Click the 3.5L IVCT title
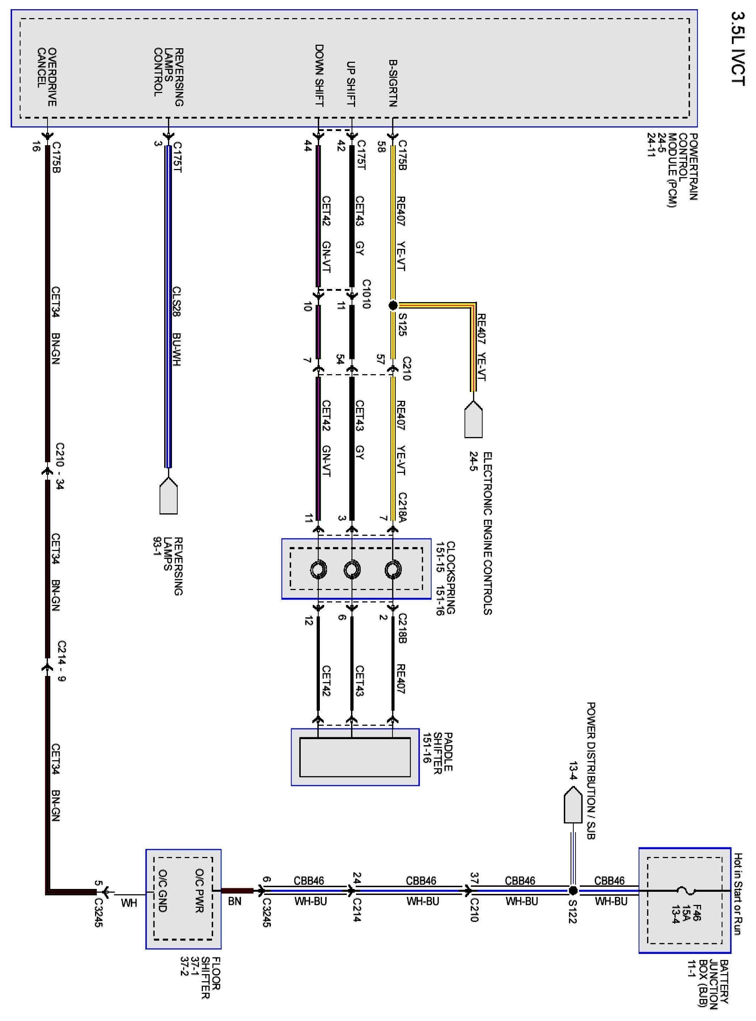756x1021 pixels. click(x=738, y=48)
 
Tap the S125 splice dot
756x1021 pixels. click(x=393, y=305)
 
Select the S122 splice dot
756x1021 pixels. click(x=572, y=890)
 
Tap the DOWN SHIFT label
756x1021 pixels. click(x=319, y=75)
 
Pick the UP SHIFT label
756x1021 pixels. click(x=351, y=83)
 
